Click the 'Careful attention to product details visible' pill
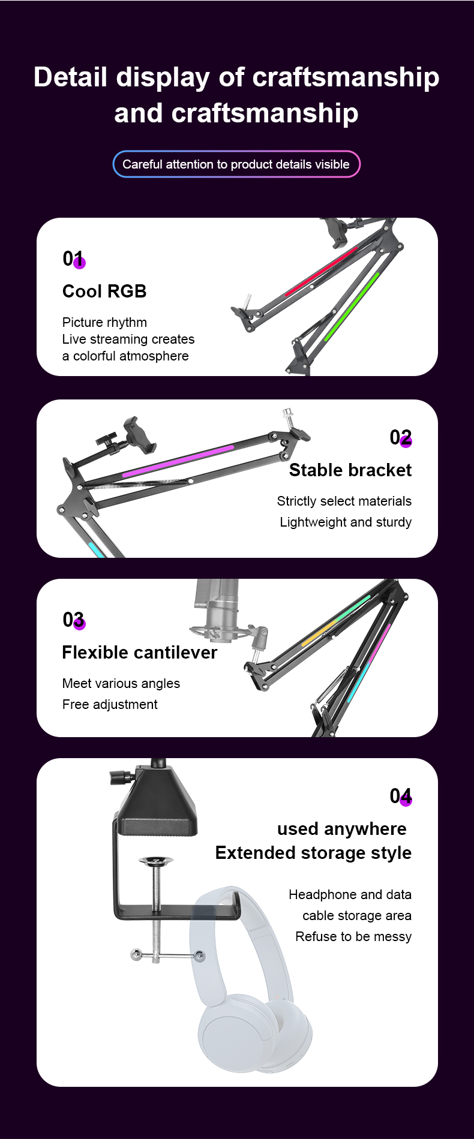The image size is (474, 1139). click(236, 164)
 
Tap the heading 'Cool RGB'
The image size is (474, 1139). click(104, 291)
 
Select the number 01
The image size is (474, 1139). click(73, 259)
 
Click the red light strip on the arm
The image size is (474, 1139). click(321, 271)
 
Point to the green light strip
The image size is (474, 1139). click(352, 306)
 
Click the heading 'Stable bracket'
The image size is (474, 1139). click(350, 470)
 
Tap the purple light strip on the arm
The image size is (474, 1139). click(178, 461)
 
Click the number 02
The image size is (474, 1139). click(400, 437)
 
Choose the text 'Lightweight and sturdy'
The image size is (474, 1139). click(346, 522)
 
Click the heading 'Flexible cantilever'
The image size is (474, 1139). click(140, 653)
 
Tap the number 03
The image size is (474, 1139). click(74, 620)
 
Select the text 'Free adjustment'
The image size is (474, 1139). click(110, 704)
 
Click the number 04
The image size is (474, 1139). click(400, 796)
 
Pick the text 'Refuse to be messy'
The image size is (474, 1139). click(353, 937)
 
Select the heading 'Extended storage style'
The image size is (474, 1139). click(313, 853)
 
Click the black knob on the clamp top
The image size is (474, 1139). click(121, 777)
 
